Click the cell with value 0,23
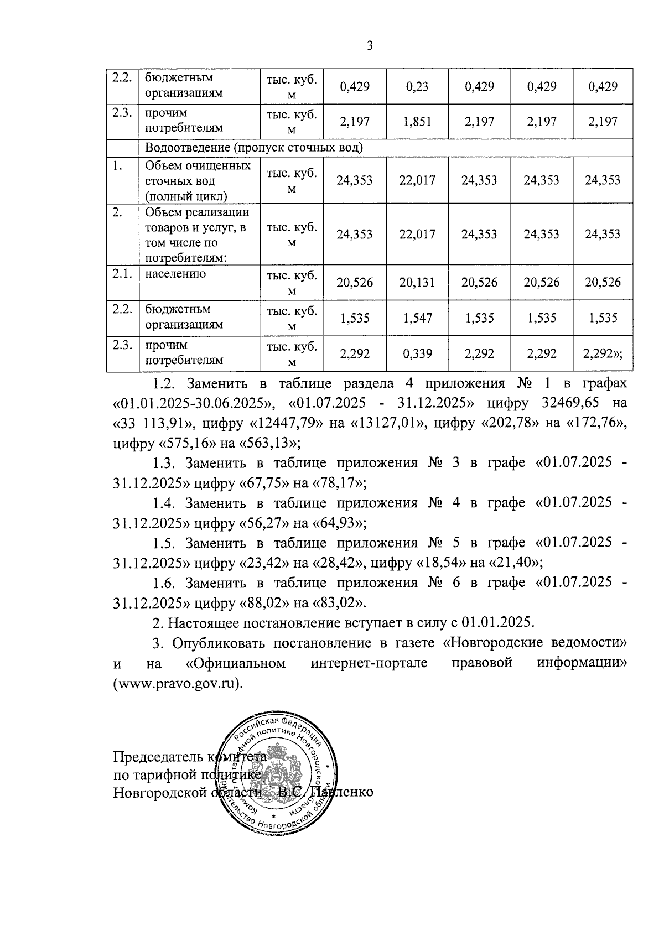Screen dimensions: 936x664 pyautogui.click(x=417, y=87)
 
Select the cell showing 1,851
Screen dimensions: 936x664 pyautogui.click(x=418, y=122)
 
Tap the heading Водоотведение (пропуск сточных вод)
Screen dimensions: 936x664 pyautogui.click(x=254, y=148)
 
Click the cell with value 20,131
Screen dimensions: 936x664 pyautogui.click(x=417, y=283)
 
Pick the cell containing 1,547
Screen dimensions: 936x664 pyautogui.click(x=418, y=318)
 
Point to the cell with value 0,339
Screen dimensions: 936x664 pyautogui.click(x=418, y=354)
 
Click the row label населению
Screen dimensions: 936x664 pyautogui.click(x=175, y=274)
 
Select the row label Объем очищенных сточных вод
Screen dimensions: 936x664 pyautogui.click(x=198, y=180)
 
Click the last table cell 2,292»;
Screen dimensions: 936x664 pyautogui.click(x=603, y=354)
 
